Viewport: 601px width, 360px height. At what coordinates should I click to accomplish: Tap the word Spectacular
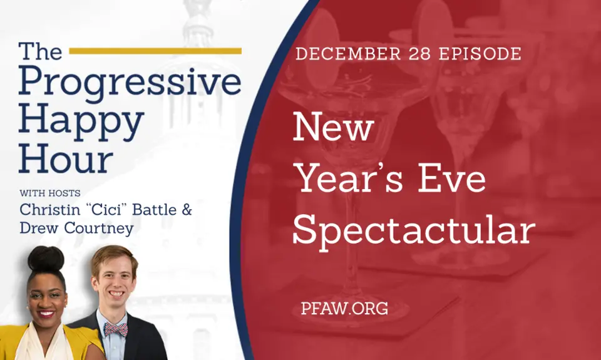pyautogui.click(x=413, y=231)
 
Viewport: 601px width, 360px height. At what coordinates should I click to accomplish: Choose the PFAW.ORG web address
pyautogui.click(x=344, y=308)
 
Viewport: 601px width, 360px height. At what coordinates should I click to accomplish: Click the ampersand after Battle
pyautogui.click(x=186, y=209)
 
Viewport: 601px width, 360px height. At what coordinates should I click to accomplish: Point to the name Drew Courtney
pyautogui.click(x=76, y=229)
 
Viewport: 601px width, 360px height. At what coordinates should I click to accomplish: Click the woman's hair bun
pyautogui.click(x=46, y=258)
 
